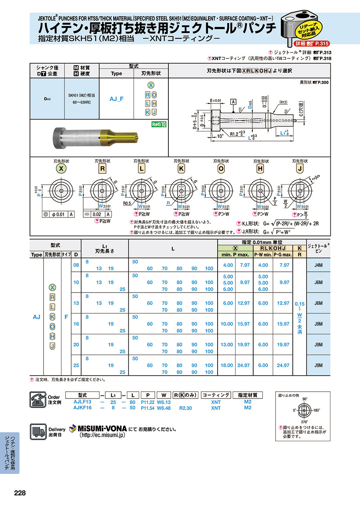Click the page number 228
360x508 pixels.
(20, 493)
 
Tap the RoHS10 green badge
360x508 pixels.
(158, 124)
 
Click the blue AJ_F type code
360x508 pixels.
(116, 98)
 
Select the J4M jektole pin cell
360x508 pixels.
(318, 265)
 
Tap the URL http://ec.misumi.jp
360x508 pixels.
(102, 435)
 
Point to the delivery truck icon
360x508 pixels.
(39, 431)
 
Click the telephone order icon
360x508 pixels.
(39, 399)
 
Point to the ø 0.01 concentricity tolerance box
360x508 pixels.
(56, 214)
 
